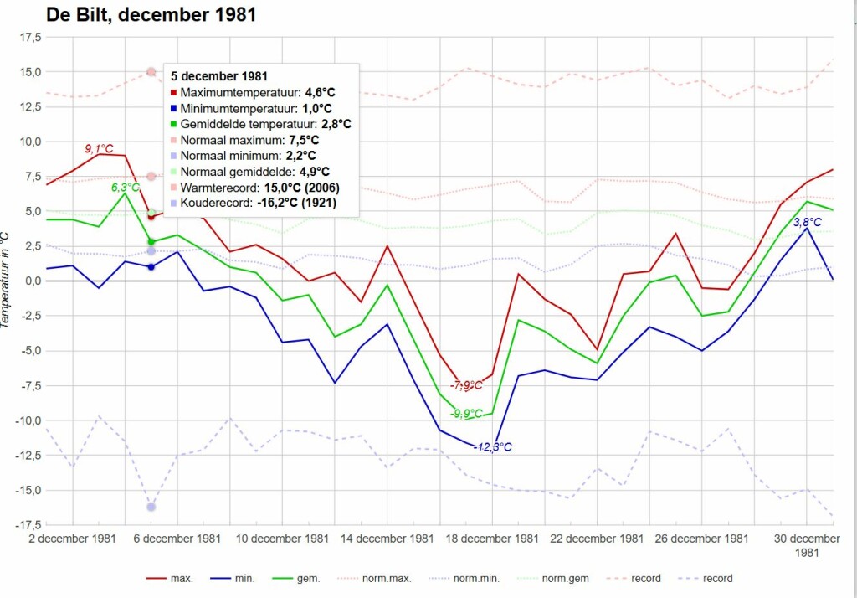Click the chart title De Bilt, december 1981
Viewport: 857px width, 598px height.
[151, 14]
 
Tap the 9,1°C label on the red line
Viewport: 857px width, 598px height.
[99, 149]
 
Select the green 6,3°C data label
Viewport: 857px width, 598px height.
[126, 188]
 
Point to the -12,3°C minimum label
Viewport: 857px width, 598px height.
[492, 447]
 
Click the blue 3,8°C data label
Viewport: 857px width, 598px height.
[808, 222]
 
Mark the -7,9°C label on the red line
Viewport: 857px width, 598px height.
[466, 385]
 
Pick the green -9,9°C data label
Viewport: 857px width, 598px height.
[466, 414]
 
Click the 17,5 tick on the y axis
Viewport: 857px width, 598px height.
[31, 37]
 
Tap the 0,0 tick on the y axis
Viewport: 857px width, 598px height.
[33, 281]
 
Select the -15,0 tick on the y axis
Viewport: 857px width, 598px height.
[29, 490]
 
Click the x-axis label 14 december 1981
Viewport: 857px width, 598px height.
[387, 539]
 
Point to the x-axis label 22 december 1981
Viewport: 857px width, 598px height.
[597, 539]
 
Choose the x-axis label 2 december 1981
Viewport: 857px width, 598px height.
[72, 539]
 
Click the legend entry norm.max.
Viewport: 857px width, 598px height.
[387, 578]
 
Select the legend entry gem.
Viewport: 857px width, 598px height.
[308, 578]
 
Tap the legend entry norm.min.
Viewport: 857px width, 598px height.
[476, 578]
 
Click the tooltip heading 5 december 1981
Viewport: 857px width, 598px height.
[219, 76]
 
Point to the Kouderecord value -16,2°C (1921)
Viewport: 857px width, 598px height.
[297, 203]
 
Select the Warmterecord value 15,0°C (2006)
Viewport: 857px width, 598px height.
[302, 188]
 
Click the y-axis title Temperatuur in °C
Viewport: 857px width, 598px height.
[5, 280]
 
